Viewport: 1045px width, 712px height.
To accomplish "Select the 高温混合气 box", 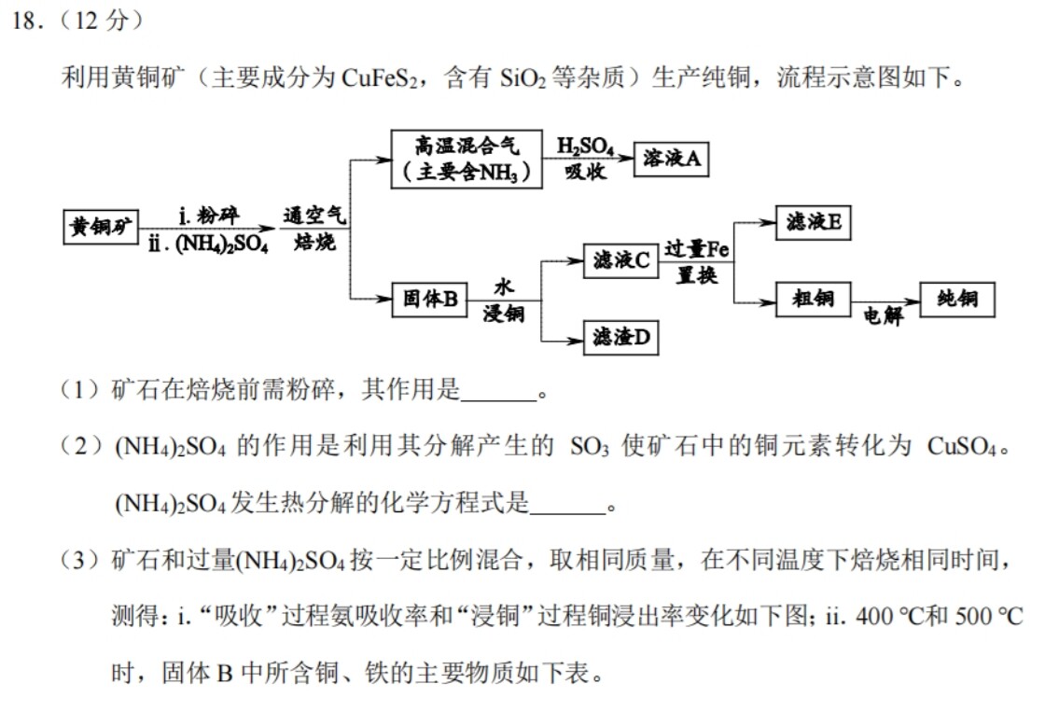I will [x=466, y=159].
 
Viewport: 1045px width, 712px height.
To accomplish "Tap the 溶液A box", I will [x=671, y=160].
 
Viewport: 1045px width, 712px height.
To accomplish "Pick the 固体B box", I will [x=429, y=299].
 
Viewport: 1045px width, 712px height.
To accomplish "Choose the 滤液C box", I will [x=620, y=260].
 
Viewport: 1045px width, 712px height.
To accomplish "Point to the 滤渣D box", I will [x=620, y=337].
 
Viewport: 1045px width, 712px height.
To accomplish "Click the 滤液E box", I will [x=813, y=222].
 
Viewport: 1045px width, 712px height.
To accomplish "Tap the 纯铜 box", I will [x=956, y=299].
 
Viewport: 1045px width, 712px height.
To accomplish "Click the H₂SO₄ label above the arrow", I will [x=585, y=146].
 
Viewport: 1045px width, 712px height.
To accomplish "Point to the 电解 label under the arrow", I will [x=883, y=316].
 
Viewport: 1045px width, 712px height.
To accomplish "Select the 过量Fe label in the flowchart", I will [x=696, y=249].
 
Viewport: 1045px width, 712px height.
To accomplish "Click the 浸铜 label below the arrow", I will [x=503, y=314].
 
